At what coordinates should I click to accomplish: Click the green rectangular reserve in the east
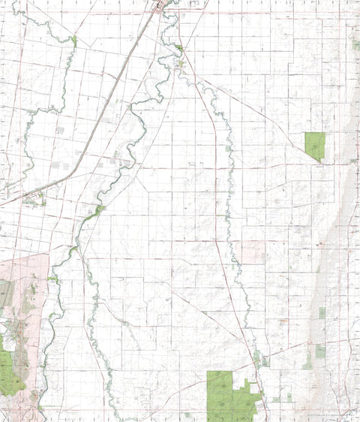(x=315, y=145)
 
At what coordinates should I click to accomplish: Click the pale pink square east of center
(x=253, y=252)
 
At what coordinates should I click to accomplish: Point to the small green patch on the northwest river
(x=74, y=40)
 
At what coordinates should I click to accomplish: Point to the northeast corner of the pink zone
(x=48, y=255)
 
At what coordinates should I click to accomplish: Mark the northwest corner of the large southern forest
(x=208, y=372)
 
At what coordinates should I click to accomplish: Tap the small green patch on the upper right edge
(x=355, y=45)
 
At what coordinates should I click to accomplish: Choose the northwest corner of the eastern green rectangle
(x=305, y=133)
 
